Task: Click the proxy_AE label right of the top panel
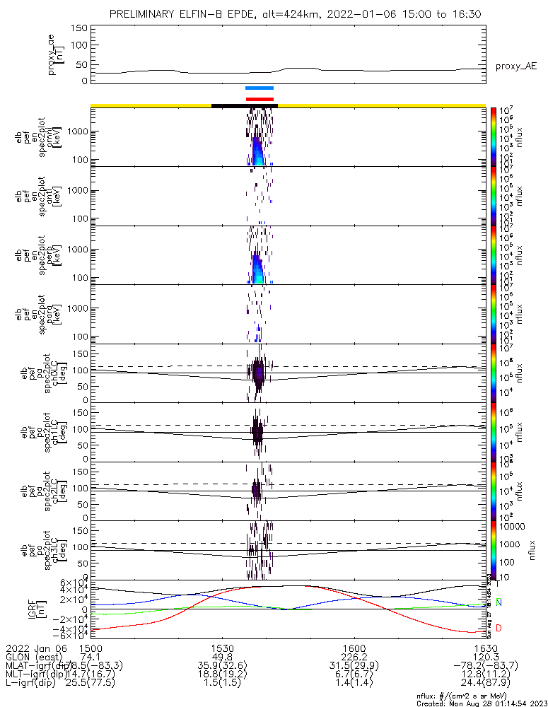(515, 66)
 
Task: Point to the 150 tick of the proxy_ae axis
(79, 28)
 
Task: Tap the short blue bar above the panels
(259, 88)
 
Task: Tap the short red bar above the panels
(259, 99)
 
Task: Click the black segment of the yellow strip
(244, 105)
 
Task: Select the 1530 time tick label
(222, 647)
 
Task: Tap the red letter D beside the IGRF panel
(499, 628)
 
